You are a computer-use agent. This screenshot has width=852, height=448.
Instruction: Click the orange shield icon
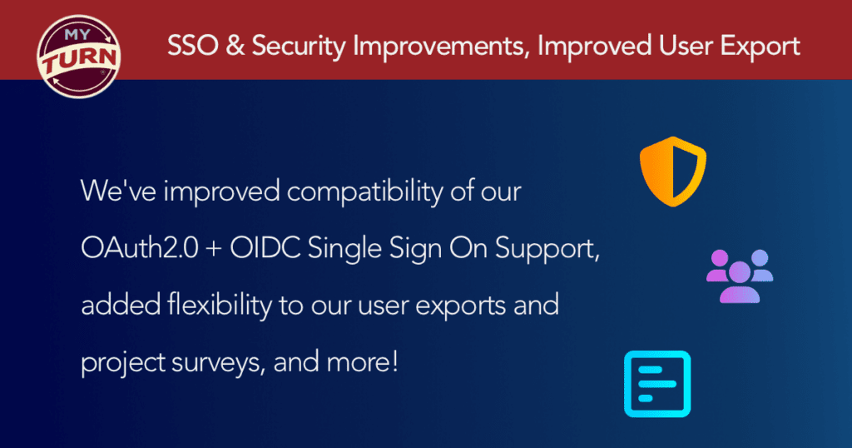(x=672, y=172)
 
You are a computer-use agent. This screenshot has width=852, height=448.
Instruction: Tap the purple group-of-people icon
(x=740, y=276)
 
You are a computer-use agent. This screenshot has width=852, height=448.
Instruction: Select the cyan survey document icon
(x=657, y=384)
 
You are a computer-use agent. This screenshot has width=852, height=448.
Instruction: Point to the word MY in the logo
(x=77, y=35)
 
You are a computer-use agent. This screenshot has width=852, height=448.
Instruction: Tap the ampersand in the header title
(x=235, y=46)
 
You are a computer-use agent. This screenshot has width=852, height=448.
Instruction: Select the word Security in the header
(x=299, y=47)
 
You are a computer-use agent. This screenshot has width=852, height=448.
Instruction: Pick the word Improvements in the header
(x=441, y=47)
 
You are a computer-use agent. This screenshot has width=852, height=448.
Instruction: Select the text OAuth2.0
(x=139, y=248)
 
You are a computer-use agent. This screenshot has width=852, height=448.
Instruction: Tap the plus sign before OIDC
(x=214, y=250)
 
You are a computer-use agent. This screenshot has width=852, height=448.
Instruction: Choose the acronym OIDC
(x=265, y=248)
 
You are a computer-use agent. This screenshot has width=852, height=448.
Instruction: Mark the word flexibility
(x=220, y=306)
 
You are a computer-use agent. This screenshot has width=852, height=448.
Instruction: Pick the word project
(x=123, y=363)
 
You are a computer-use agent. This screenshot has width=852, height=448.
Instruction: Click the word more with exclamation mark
(x=363, y=362)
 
